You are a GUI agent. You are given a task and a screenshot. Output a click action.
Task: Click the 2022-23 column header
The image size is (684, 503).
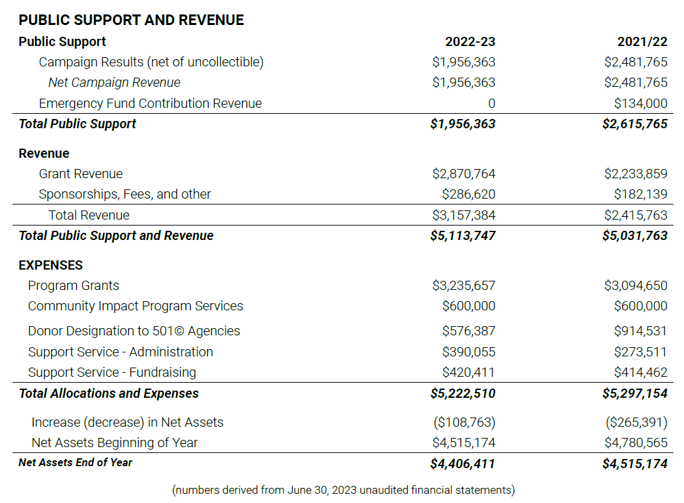pyautogui.click(x=470, y=41)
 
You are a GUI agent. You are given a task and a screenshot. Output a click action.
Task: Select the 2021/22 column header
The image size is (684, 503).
pyautogui.click(x=642, y=41)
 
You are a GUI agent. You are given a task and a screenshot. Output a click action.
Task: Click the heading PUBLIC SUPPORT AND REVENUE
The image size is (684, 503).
pyautogui.click(x=132, y=20)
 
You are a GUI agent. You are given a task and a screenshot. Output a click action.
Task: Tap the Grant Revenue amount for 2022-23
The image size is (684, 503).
pyautogui.click(x=464, y=174)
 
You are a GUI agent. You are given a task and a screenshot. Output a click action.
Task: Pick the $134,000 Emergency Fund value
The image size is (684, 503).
pyautogui.click(x=641, y=103)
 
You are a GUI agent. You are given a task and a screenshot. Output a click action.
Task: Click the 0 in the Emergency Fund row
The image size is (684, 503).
pyautogui.click(x=492, y=103)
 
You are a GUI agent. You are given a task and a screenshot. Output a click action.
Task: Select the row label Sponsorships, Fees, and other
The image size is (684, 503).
pyautogui.click(x=125, y=194)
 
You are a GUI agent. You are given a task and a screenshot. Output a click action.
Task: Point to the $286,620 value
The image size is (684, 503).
pyautogui.click(x=468, y=194)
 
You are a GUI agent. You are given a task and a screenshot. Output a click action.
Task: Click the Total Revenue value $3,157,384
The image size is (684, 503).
pyautogui.click(x=464, y=215)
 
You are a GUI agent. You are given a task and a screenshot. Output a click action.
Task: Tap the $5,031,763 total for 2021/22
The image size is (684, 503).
pyautogui.click(x=635, y=235)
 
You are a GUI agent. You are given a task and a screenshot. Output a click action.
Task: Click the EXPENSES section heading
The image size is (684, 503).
pyautogui.click(x=51, y=265)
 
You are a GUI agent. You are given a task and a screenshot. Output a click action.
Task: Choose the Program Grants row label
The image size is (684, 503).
pyautogui.click(x=73, y=286)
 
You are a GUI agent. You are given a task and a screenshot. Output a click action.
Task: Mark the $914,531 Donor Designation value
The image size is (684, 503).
pyautogui.click(x=641, y=331)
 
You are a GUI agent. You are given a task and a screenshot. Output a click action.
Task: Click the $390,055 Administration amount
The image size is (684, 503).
pyautogui.click(x=468, y=352)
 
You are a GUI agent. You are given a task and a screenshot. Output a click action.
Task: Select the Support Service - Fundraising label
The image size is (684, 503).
pyautogui.click(x=112, y=372)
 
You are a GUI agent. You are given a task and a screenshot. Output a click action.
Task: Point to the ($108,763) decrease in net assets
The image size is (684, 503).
pyautogui.click(x=464, y=422)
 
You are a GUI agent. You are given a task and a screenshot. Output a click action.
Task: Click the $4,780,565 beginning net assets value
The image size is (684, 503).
pyautogui.click(x=635, y=443)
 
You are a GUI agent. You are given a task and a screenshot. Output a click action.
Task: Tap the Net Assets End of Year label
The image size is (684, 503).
pyautogui.click(x=75, y=462)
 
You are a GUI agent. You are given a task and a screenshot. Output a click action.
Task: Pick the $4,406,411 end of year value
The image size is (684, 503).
pyautogui.click(x=462, y=464)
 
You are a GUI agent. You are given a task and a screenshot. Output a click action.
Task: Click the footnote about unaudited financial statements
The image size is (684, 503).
pyautogui.click(x=343, y=490)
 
